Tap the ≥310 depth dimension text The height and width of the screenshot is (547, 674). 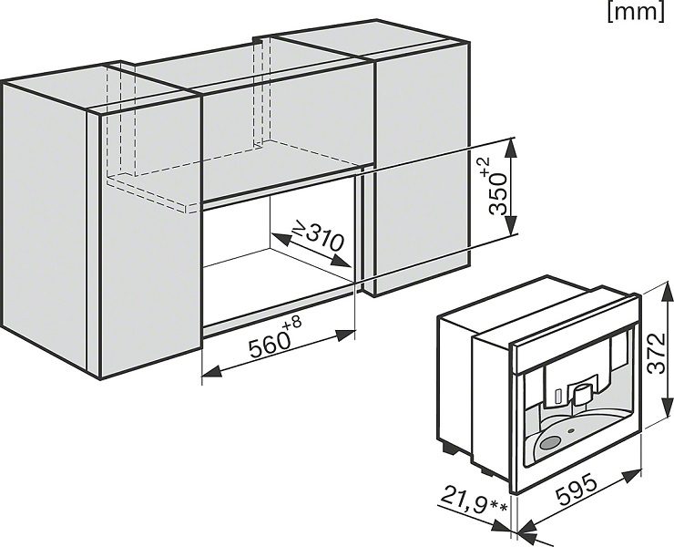click(x=319, y=236)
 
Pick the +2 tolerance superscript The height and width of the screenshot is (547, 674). click(x=484, y=166)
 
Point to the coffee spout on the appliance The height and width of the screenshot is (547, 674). click(x=581, y=393)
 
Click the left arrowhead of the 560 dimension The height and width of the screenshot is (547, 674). click(x=212, y=370)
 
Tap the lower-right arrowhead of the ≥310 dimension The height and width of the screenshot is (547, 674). click(x=343, y=262)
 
